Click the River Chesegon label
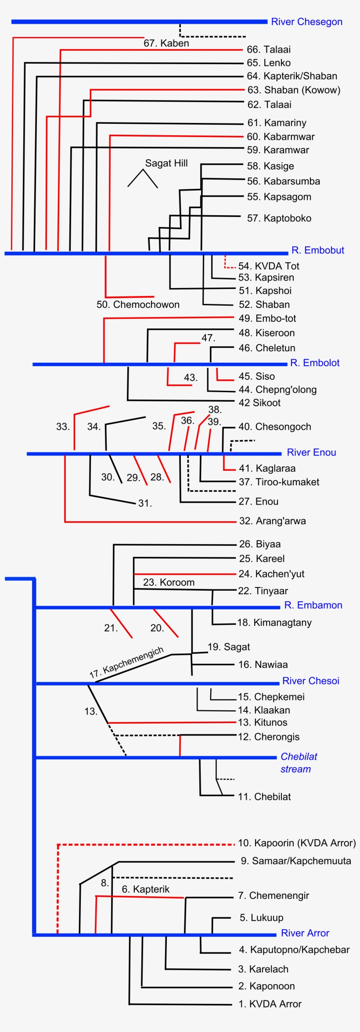[x=306, y=22]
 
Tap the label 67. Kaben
[x=166, y=43]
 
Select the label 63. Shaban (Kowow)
[x=294, y=90]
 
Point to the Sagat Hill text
[x=166, y=163]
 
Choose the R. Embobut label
[x=317, y=250]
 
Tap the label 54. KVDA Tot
[x=269, y=266]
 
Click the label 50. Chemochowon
[x=138, y=304]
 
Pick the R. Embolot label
[x=315, y=363]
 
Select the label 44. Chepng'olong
[x=277, y=390]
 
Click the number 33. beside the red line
[x=63, y=427]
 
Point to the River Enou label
[x=311, y=452]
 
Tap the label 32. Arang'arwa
[x=272, y=521]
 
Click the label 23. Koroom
[x=169, y=582]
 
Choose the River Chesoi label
[x=310, y=681]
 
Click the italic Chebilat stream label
[x=298, y=763]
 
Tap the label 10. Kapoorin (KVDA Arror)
[x=296, y=843]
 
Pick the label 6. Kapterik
[x=145, y=889]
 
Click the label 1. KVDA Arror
[x=270, y=1004]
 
